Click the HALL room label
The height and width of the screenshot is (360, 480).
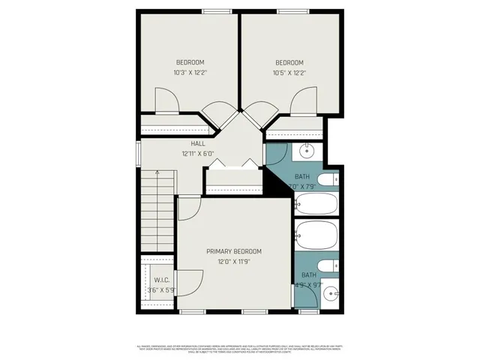point(198,143)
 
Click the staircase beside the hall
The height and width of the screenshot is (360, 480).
point(157,210)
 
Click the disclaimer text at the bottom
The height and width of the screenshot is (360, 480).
point(240,349)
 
